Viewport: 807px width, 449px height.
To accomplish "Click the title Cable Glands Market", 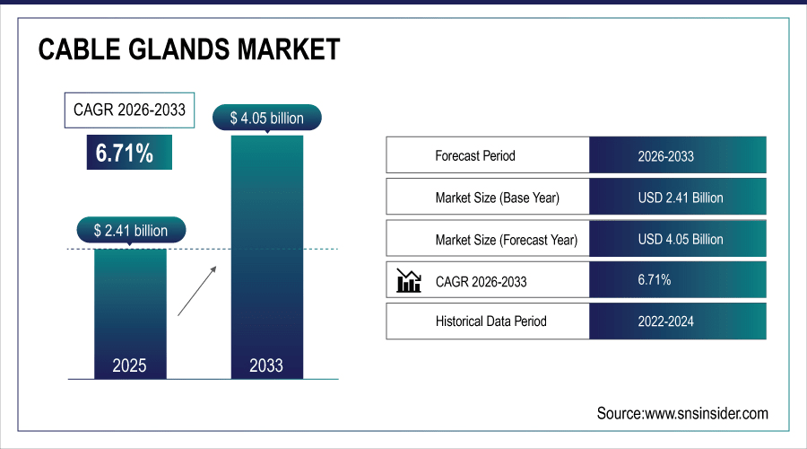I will [189, 49].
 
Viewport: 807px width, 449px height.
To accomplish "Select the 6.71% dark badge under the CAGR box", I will [128, 153].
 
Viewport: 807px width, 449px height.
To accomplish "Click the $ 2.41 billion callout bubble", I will [130, 231].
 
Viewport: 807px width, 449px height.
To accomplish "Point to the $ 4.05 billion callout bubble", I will [266, 118].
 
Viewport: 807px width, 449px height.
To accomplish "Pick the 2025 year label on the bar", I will [130, 365].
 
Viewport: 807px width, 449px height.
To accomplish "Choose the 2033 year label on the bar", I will [266, 365].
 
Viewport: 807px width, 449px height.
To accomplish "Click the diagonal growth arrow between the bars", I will [195, 290].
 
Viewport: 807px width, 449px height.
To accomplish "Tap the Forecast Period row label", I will [475, 155].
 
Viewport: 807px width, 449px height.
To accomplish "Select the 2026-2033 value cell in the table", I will [665, 155].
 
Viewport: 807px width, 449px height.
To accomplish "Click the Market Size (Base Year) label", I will [502, 198].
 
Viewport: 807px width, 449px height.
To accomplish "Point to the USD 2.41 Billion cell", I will [680, 198].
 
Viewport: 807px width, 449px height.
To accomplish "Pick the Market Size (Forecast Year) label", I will [506, 240].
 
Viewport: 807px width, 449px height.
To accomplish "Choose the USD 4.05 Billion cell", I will [680, 240].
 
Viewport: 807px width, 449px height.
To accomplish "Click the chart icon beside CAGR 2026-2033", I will [409, 281].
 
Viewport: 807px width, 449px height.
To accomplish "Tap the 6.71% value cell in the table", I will [654, 281].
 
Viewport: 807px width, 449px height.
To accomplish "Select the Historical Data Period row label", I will [490, 321].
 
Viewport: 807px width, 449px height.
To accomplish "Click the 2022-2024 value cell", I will [665, 321].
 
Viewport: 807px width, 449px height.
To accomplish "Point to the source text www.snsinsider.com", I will [682, 413].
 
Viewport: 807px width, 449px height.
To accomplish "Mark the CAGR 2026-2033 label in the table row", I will [481, 282].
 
